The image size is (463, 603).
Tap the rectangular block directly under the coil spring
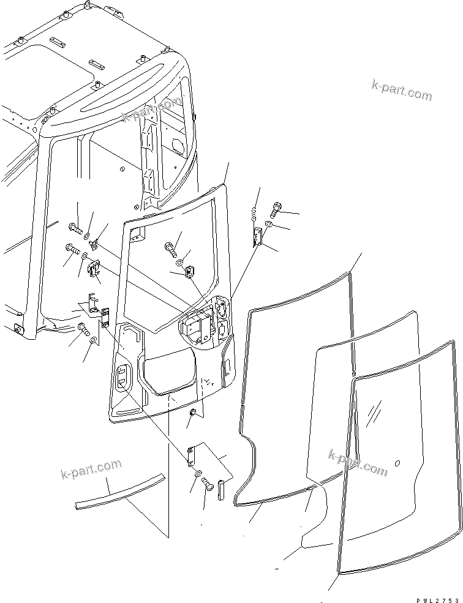click(257, 236)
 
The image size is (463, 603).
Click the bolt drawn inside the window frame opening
click(170, 249)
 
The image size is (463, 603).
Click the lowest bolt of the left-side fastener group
click(83, 331)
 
